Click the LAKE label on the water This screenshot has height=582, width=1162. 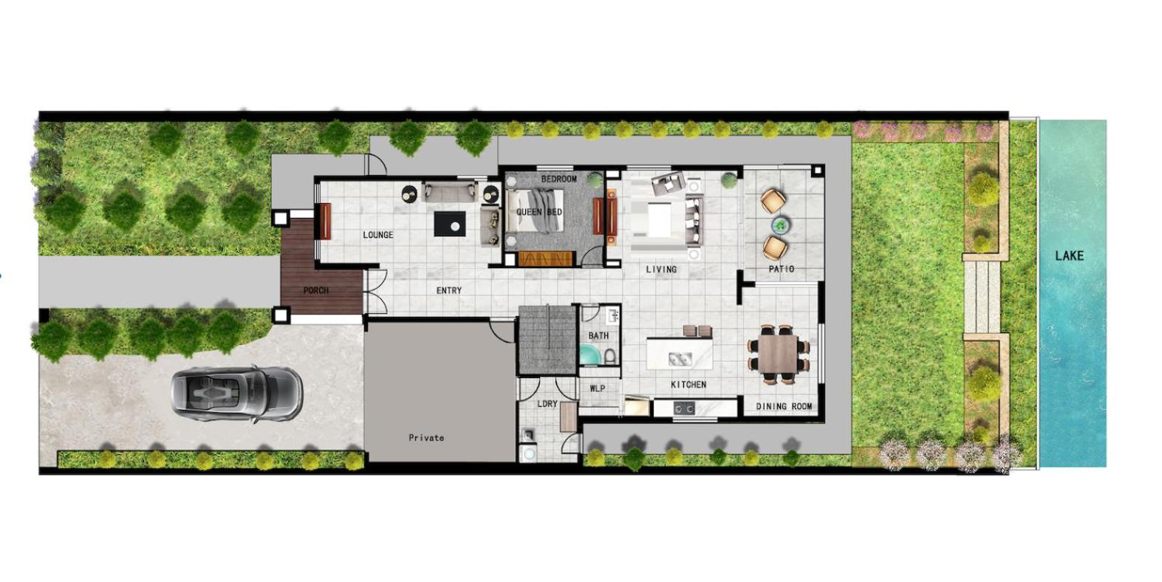pyautogui.click(x=1069, y=256)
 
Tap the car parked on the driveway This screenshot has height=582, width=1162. pyautogui.click(x=237, y=393)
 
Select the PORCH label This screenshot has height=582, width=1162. pyautogui.click(x=316, y=290)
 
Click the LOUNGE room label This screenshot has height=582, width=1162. pyautogui.click(x=377, y=235)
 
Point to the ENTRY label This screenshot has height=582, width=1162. pyautogui.click(x=448, y=290)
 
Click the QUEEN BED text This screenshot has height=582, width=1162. pyautogui.click(x=539, y=212)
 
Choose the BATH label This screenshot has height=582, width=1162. pyautogui.click(x=598, y=336)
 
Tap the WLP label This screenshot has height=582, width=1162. pyautogui.click(x=597, y=388)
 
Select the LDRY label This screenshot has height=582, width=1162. pyautogui.click(x=547, y=403)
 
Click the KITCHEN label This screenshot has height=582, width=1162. pyautogui.click(x=688, y=384)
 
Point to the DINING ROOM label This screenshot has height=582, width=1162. pyautogui.click(x=784, y=406)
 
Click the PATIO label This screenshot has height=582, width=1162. pyautogui.click(x=782, y=270)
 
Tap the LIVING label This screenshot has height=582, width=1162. pyautogui.click(x=661, y=270)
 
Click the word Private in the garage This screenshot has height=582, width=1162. pyautogui.click(x=426, y=438)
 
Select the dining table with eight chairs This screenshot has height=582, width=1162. pyautogui.click(x=778, y=355)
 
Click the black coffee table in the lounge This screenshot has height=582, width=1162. pyautogui.click(x=449, y=224)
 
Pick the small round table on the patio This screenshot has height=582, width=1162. pyautogui.click(x=780, y=225)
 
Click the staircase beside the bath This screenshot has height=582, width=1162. pyautogui.click(x=548, y=340)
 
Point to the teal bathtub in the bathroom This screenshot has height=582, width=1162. pyautogui.click(x=589, y=355)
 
